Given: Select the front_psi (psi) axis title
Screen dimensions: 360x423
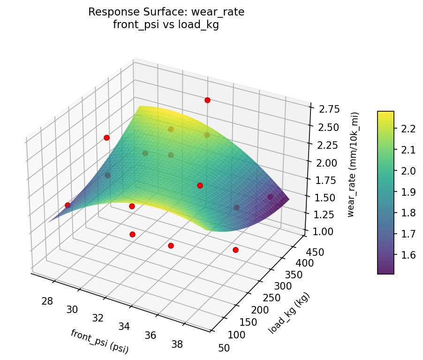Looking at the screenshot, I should click(x=99, y=341).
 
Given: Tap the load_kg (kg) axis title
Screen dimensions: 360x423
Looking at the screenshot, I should click(x=289, y=313).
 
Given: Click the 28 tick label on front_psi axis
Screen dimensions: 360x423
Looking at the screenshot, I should click(x=47, y=301).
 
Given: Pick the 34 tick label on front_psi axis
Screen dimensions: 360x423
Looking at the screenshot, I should click(x=124, y=326).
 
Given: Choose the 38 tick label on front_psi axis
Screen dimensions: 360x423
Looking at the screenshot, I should click(x=177, y=345).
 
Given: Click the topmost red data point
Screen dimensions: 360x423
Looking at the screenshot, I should click(x=207, y=100).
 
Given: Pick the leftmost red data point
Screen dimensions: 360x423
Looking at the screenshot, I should click(x=68, y=205).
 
